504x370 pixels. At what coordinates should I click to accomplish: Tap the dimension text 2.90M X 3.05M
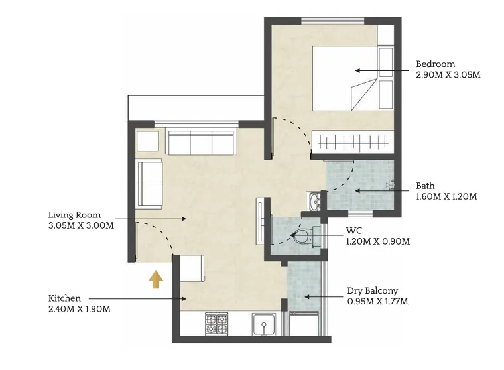(x=448, y=75)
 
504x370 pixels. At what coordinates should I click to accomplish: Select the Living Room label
(x=74, y=215)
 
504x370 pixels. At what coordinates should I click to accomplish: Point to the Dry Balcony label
(x=373, y=291)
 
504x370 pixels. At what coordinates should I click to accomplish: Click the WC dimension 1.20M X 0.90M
(x=377, y=241)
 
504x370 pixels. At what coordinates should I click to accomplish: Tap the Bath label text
(x=426, y=186)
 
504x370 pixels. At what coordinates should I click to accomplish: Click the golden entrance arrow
(x=155, y=279)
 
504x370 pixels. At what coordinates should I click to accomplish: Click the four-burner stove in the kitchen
(x=218, y=323)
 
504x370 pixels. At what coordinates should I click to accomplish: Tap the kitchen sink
(x=265, y=325)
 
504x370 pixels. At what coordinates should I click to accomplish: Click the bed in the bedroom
(x=345, y=78)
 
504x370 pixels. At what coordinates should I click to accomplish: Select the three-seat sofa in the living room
(x=201, y=142)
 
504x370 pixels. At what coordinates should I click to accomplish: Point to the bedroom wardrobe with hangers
(x=353, y=141)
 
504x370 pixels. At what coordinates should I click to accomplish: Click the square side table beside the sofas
(x=147, y=141)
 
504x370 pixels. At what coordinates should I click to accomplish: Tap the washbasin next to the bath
(x=314, y=200)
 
